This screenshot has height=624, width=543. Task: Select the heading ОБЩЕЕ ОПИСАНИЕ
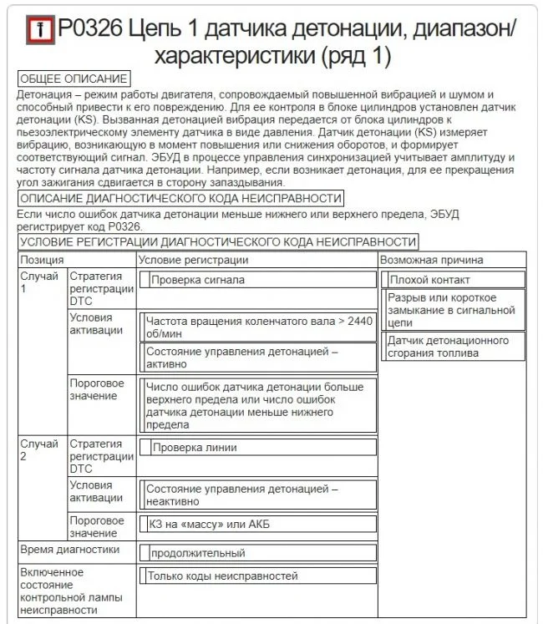(x=74, y=79)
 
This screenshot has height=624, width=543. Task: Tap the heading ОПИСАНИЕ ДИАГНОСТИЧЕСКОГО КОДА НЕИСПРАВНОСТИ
(x=180, y=198)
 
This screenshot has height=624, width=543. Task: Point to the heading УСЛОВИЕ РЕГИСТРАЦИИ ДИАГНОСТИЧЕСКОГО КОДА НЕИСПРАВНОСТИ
(x=217, y=242)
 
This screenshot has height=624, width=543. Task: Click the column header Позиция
(x=42, y=260)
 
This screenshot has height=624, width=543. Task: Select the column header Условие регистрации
(x=193, y=260)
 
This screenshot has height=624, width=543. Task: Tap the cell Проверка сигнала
(x=198, y=280)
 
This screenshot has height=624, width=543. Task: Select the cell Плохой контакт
(x=429, y=280)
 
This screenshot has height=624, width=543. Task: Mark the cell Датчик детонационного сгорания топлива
(x=447, y=347)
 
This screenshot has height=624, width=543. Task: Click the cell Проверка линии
(x=195, y=448)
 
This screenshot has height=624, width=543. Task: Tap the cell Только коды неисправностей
(x=222, y=576)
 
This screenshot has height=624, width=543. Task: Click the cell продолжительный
(x=198, y=553)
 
